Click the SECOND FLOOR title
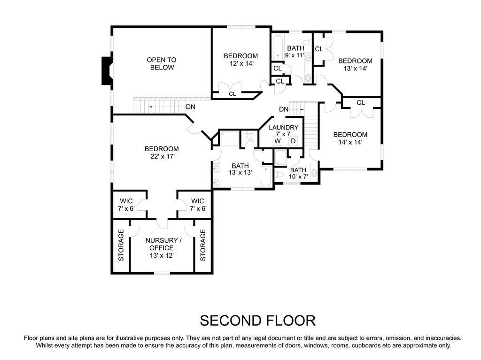click(257, 321)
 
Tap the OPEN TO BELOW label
click(162, 63)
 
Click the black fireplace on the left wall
click(107, 71)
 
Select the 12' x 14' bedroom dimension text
click(240, 63)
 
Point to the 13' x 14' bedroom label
click(355, 64)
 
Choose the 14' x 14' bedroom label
click(350, 138)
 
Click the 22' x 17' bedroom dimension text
click(161, 156)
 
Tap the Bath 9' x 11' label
click(295, 52)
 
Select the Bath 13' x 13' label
click(240, 169)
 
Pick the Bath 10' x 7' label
click(298, 174)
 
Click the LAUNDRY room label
click(283, 128)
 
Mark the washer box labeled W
click(278, 141)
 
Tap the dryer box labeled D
click(293, 141)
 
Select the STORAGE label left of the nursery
click(121, 245)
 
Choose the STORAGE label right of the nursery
click(203, 245)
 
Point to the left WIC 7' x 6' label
click(126, 205)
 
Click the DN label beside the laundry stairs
click(283, 109)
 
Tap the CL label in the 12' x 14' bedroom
click(232, 94)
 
